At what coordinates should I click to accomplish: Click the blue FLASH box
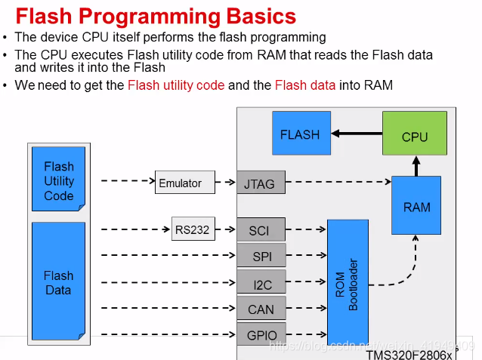[x=300, y=135]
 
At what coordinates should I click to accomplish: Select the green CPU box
[x=415, y=137]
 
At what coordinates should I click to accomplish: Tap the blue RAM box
[x=416, y=206]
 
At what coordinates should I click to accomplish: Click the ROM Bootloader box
[x=348, y=284]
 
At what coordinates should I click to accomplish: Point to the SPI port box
[x=261, y=257]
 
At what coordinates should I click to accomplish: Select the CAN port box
[x=261, y=309]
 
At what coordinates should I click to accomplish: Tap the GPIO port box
[x=261, y=335]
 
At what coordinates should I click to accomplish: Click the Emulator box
[x=180, y=182]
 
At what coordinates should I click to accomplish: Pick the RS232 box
[x=193, y=229]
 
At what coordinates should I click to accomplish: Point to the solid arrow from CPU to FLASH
[x=356, y=134]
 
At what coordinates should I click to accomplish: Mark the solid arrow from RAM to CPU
[x=415, y=165]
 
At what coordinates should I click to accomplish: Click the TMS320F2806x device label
[x=409, y=353]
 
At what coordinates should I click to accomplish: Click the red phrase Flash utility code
[x=176, y=85]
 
